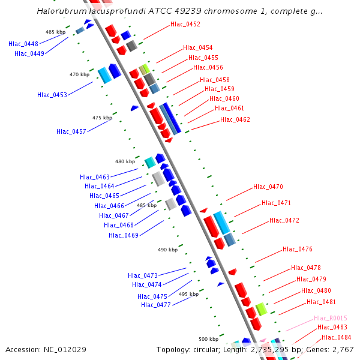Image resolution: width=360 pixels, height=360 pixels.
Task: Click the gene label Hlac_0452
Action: point(185,25)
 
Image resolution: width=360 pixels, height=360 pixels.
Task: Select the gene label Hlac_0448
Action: point(23,44)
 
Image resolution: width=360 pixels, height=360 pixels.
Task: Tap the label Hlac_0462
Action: point(235,119)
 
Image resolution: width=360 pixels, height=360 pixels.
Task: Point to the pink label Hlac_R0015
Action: point(330,318)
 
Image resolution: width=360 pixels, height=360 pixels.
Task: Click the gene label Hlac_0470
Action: point(268,187)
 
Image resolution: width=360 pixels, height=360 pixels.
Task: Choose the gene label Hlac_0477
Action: point(156,305)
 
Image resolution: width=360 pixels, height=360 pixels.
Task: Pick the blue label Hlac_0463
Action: point(95,177)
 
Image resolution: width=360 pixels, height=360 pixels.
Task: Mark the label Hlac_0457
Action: point(71,131)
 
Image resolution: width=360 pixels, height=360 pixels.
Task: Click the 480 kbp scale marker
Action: point(125,161)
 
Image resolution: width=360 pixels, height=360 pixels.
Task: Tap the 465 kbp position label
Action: point(55,32)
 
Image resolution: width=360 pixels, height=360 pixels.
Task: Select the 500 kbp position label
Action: point(209,339)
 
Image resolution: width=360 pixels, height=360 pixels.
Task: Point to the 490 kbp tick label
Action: point(167,250)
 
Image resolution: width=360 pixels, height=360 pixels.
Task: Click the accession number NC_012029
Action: point(65,349)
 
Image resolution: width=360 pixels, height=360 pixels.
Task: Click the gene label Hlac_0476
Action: point(298,249)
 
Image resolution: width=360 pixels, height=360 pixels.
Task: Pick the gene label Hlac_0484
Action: point(337,337)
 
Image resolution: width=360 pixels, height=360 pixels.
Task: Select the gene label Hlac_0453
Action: point(52,95)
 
